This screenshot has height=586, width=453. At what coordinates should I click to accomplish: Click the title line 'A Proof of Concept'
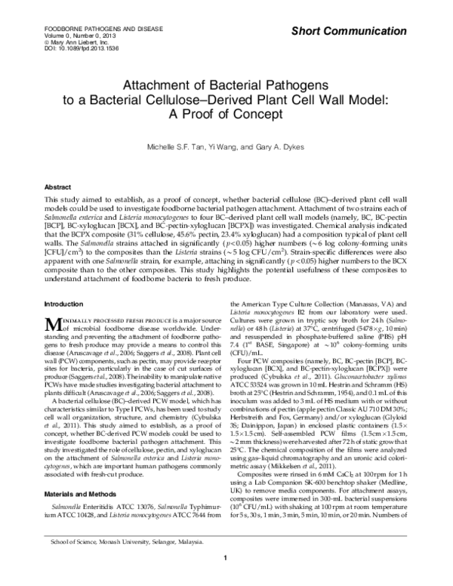pyautogui.click(x=226, y=113)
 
